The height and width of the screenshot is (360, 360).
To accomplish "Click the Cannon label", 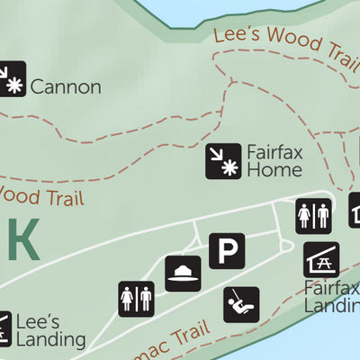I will point(65,87).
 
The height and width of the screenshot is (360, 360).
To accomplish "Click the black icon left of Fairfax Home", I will point(223,161).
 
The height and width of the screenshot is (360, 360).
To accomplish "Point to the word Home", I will point(274,169).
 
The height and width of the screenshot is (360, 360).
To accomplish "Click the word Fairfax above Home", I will point(274,151).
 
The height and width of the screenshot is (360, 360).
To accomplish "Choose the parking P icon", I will point(227,250).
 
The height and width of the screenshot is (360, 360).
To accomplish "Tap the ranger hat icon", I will point(183,274).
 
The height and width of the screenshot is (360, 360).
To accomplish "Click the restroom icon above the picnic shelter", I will point(313,215).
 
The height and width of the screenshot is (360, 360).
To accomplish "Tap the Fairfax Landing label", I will point(331,297).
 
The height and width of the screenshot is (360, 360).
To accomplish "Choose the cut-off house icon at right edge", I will point(354,212).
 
